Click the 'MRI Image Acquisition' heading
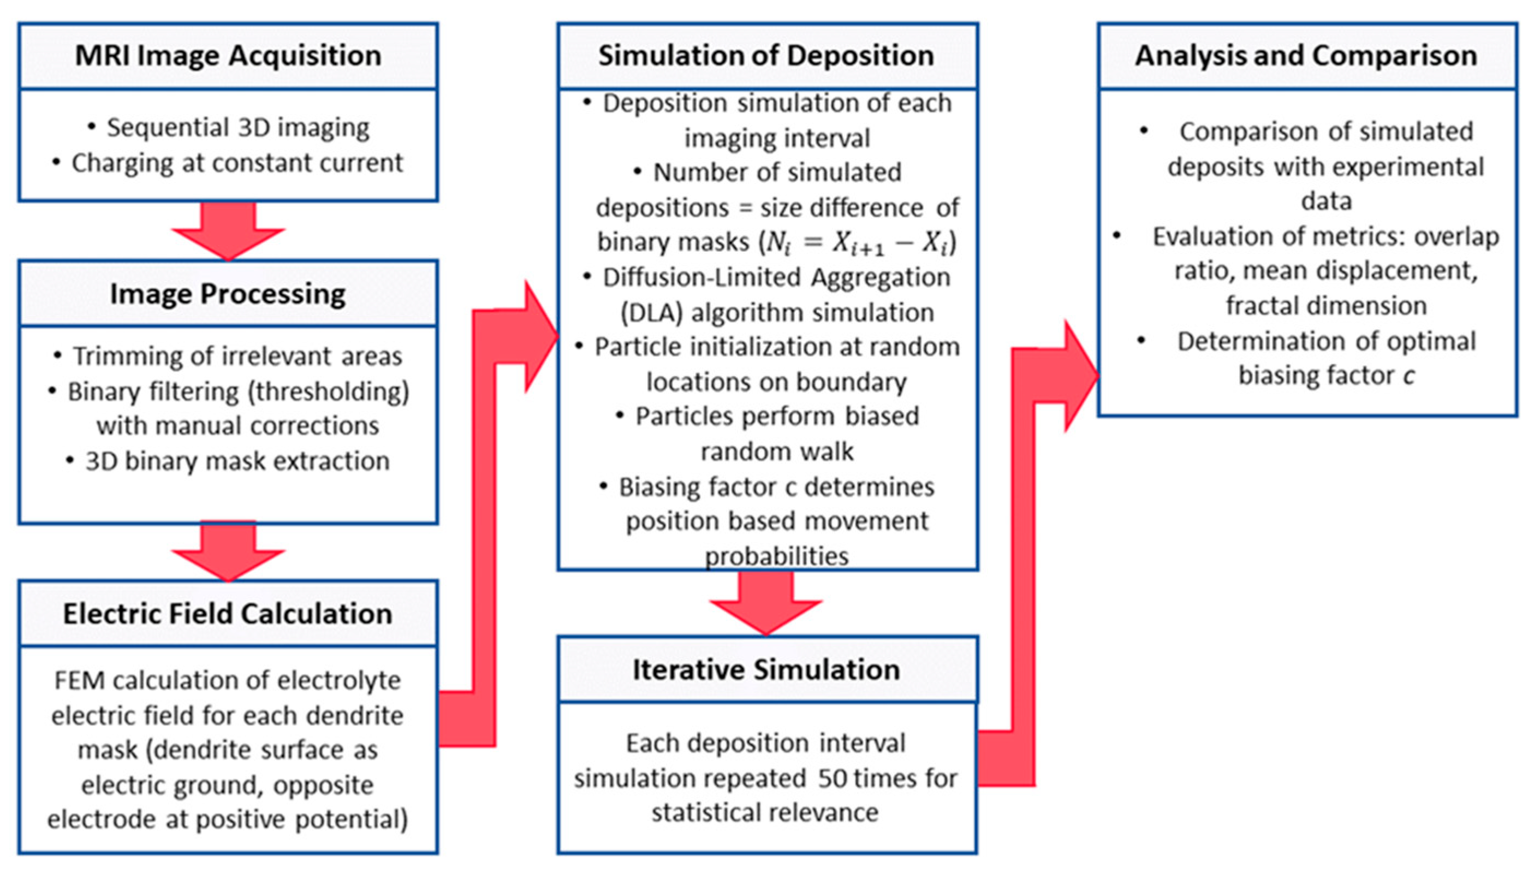(x=228, y=56)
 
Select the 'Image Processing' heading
(x=228, y=294)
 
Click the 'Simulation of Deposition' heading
(x=766, y=56)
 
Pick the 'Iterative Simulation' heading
(x=766, y=670)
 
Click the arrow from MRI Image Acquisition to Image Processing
(x=228, y=231)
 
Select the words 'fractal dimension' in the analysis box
(x=1326, y=306)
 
